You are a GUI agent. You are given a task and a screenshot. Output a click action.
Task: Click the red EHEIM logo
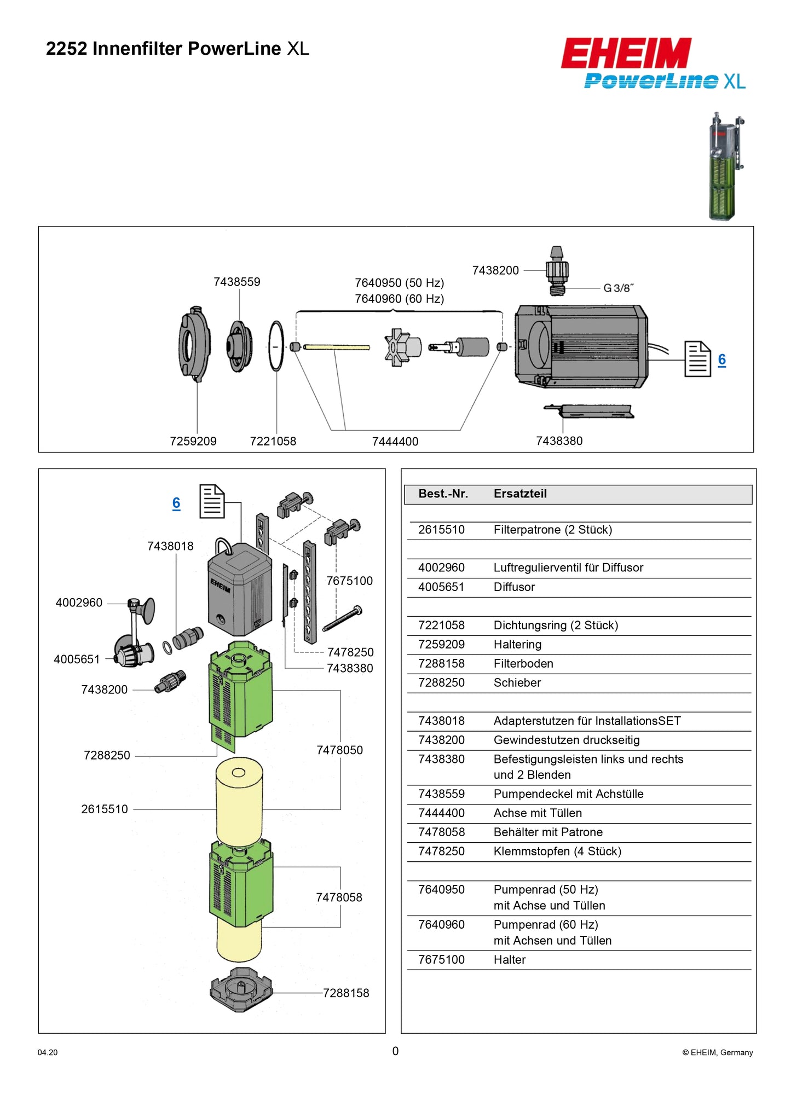pos(626,53)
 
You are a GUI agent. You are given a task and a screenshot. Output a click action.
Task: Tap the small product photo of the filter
pos(725,166)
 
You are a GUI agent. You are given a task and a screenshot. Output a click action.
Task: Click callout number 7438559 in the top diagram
pos(236,282)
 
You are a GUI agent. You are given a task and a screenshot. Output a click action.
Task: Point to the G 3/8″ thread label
pos(619,288)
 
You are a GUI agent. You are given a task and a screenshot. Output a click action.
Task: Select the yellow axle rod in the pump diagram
pos(336,347)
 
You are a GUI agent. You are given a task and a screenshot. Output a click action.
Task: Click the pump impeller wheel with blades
pos(401,347)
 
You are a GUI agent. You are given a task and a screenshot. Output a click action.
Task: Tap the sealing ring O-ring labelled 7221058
pos(276,346)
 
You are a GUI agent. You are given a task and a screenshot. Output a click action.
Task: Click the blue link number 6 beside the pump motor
pos(721,360)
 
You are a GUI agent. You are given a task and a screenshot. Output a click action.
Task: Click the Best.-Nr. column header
pos(443,494)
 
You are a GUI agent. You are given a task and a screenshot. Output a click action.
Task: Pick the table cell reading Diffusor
pos(514,587)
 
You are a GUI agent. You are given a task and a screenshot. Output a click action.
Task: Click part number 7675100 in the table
pos(441,959)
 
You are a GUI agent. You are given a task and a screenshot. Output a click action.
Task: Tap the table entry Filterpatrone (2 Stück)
pos(552,530)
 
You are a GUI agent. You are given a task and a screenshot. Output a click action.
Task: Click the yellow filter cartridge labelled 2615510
pos(239,799)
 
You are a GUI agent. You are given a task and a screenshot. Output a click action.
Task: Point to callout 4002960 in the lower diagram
pos(79,603)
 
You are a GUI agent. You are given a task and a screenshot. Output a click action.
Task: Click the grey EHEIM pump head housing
pos(239,590)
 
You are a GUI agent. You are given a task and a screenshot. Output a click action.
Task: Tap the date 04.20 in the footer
pos(48,1052)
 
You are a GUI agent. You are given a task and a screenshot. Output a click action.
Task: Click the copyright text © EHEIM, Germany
pos(717,1052)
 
